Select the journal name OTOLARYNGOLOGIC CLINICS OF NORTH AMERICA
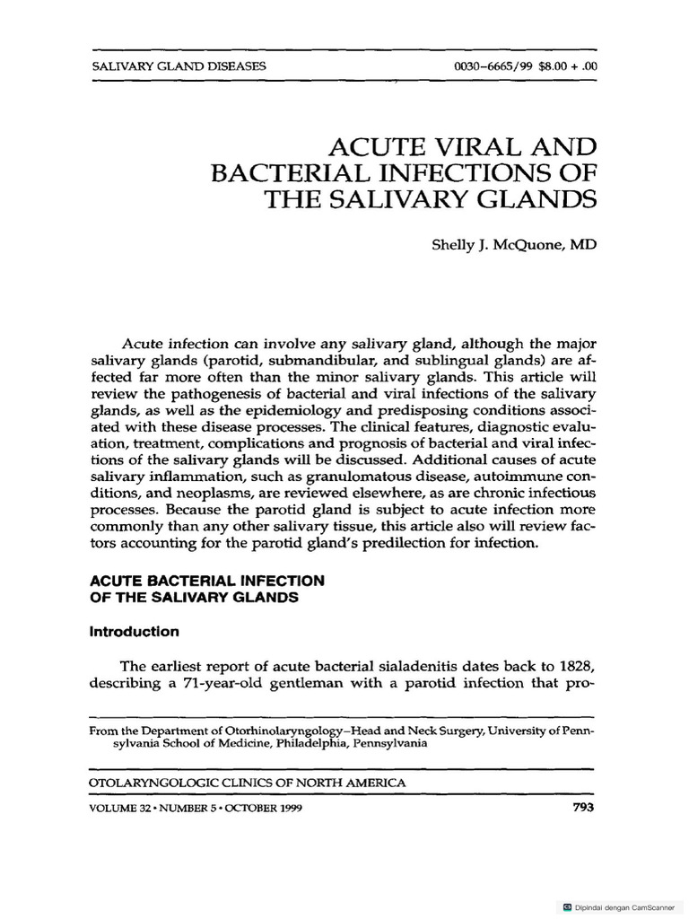tap(248, 783)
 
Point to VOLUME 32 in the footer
tap(123, 807)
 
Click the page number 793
tap(583, 807)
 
